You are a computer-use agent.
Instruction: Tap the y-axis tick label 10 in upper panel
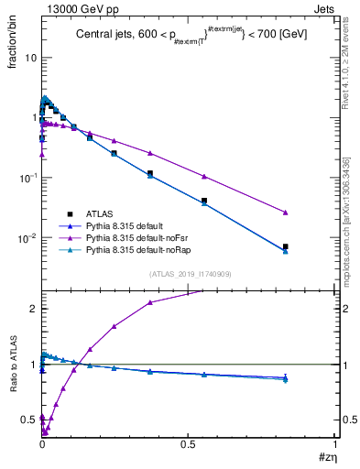pos(29,57)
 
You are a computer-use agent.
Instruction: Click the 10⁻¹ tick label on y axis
pos(27,177)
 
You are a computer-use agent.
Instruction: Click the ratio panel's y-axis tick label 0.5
pos(27,420)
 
